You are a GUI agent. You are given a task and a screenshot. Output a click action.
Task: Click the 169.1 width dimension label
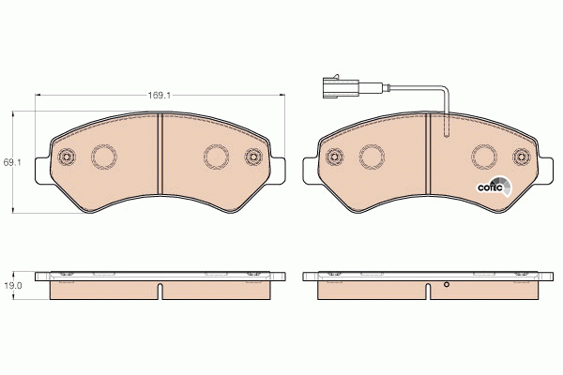[158, 94]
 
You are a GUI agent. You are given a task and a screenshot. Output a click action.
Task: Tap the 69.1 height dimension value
[12, 162]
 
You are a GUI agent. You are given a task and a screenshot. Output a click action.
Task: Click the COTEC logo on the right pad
[494, 187]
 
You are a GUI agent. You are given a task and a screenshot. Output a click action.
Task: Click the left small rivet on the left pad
[66, 157]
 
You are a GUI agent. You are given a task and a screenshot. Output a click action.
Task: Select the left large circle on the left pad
[103, 157]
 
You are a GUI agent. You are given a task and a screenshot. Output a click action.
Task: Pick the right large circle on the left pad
[217, 157]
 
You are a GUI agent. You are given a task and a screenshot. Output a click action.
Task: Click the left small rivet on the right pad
[334, 157]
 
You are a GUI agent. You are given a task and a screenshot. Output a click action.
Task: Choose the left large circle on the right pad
[372, 157]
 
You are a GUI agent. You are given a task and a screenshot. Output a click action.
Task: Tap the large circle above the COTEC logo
[485, 157]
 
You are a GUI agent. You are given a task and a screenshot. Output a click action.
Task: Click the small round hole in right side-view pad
[447, 285]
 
